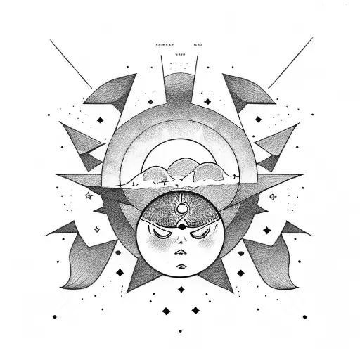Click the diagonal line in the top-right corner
point(290,63)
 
